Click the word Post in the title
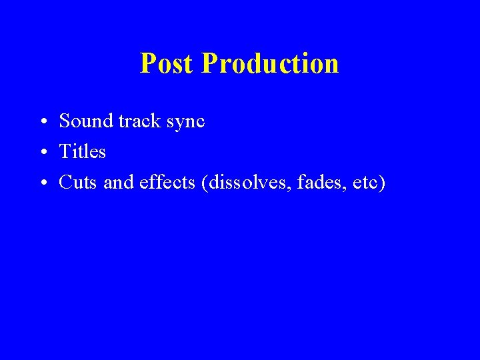click(167, 64)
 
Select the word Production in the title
click(269, 64)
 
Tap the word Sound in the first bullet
click(85, 121)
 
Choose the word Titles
click(83, 152)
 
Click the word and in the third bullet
click(119, 182)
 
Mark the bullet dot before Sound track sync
click(42, 123)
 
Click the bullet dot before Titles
click(42, 153)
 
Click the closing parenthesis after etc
click(382, 183)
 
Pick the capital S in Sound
click(65, 121)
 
